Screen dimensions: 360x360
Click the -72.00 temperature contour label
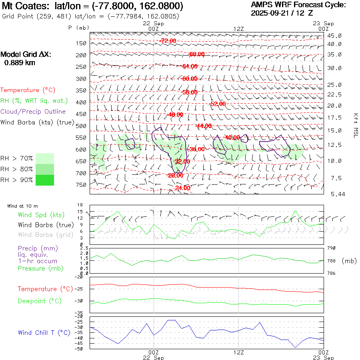[168, 41]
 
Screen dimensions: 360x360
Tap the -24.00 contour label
[182, 188]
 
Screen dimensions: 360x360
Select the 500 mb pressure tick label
[81, 126]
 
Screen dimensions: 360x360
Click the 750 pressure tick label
[81, 185]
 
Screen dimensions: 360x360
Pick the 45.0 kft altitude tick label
[334, 36]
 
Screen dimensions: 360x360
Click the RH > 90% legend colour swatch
[45, 180]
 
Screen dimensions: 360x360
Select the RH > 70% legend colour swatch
[45, 158]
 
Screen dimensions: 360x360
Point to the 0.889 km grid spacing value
[19, 62]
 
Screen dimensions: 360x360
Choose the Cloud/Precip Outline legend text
[33, 112]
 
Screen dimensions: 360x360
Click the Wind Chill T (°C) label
[44, 332]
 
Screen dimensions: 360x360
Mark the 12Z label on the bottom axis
[238, 352]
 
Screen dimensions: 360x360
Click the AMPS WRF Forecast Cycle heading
[298, 5]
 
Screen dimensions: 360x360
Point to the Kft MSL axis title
[355, 125]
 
